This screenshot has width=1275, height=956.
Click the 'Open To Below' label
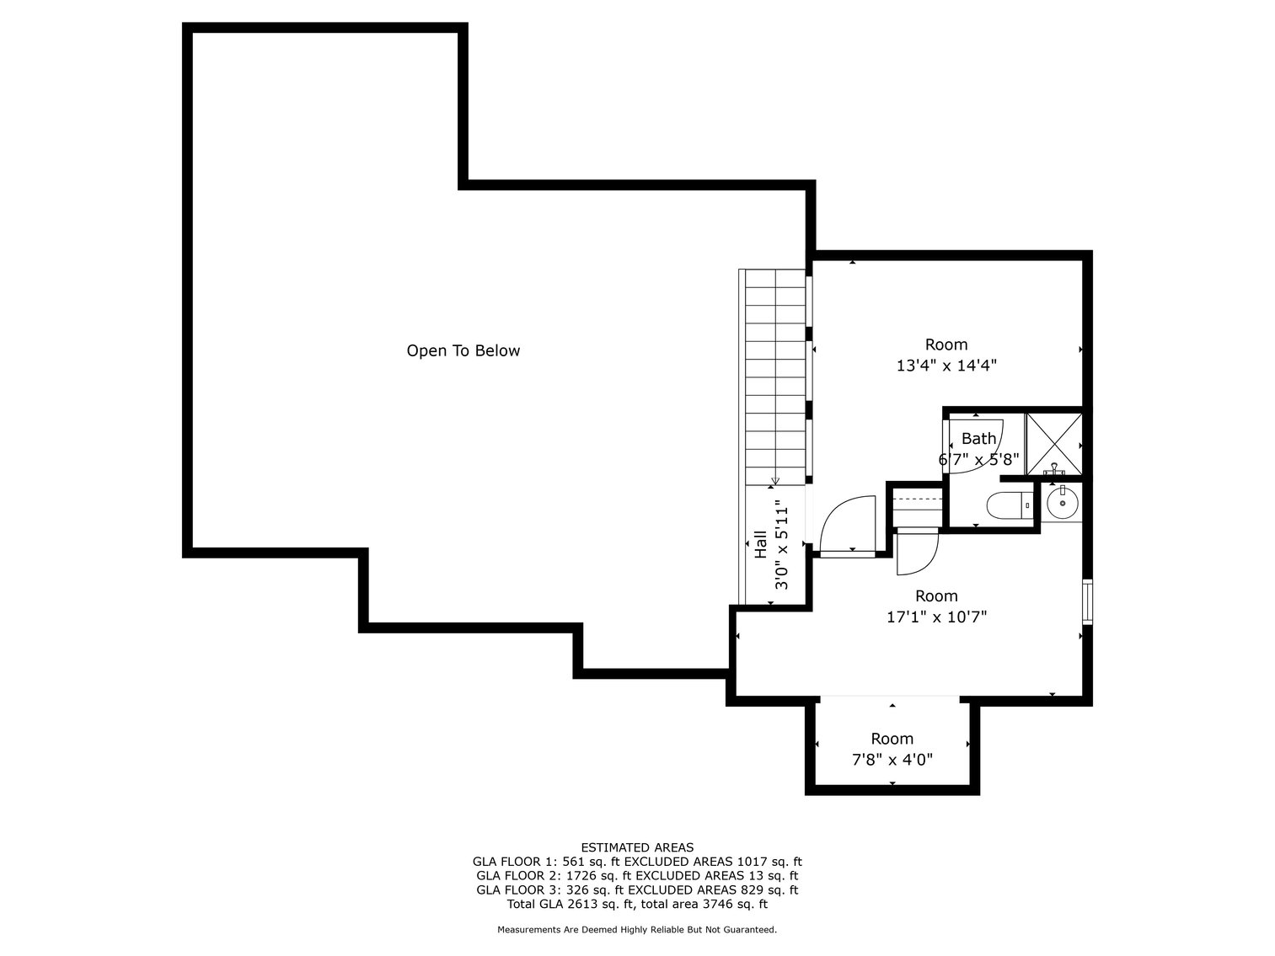(463, 350)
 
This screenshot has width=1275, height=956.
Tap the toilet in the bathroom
(1007, 505)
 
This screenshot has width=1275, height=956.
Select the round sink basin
(1062, 505)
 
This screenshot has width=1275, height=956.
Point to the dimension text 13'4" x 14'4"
(946, 366)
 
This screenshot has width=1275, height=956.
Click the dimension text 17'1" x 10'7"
(936, 617)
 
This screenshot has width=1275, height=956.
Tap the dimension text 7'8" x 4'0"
(892, 760)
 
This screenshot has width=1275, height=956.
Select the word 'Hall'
(760, 545)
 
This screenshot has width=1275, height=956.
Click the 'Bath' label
(978, 438)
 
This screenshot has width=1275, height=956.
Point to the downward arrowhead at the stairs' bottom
(775, 481)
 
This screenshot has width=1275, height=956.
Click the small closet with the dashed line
(916, 506)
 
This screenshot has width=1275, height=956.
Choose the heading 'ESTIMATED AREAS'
(637, 847)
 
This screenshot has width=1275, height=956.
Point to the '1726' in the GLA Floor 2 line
(576, 876)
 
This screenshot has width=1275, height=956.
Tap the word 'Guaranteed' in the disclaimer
(747, 930)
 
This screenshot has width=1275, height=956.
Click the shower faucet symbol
(1054, 467)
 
